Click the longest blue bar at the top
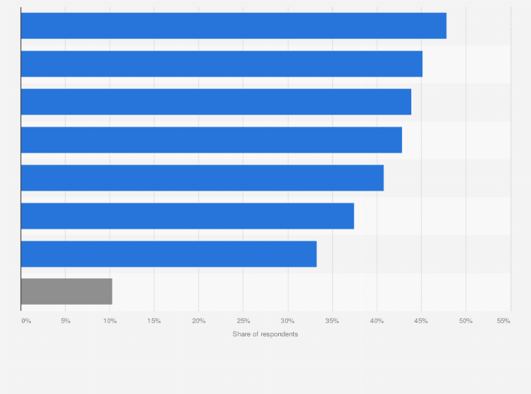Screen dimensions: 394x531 (x=233, y=26)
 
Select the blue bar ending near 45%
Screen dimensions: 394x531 (x=221, y=64)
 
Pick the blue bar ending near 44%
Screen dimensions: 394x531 (x=215, y=102)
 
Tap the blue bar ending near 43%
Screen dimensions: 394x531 (x=211, y=140)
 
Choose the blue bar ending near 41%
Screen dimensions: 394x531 (x=202, y=178)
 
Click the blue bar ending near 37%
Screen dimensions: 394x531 (x=187, y=216)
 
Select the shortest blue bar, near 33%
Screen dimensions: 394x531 (x=168, y=254)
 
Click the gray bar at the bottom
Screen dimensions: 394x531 (x=66, y=291)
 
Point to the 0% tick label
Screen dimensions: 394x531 (x=26, y=321)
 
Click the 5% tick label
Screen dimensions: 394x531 (x=65, y=321)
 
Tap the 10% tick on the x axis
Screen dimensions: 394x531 (x=110, y=321)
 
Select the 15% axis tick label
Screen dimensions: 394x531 (x=154, y=321)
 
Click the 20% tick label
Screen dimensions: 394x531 (x=199, y=321)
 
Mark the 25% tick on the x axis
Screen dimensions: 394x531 (x=243, y=321)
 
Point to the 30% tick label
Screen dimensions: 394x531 (x=287, y=321)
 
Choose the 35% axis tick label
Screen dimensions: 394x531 (x=332, y=321)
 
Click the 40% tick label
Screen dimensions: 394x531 (x=377, y=321)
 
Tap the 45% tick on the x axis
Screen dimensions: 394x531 (x=421, y=321)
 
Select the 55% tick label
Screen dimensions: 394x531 (x=504, y=321)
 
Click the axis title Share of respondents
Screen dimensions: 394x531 (x=265, y=333)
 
